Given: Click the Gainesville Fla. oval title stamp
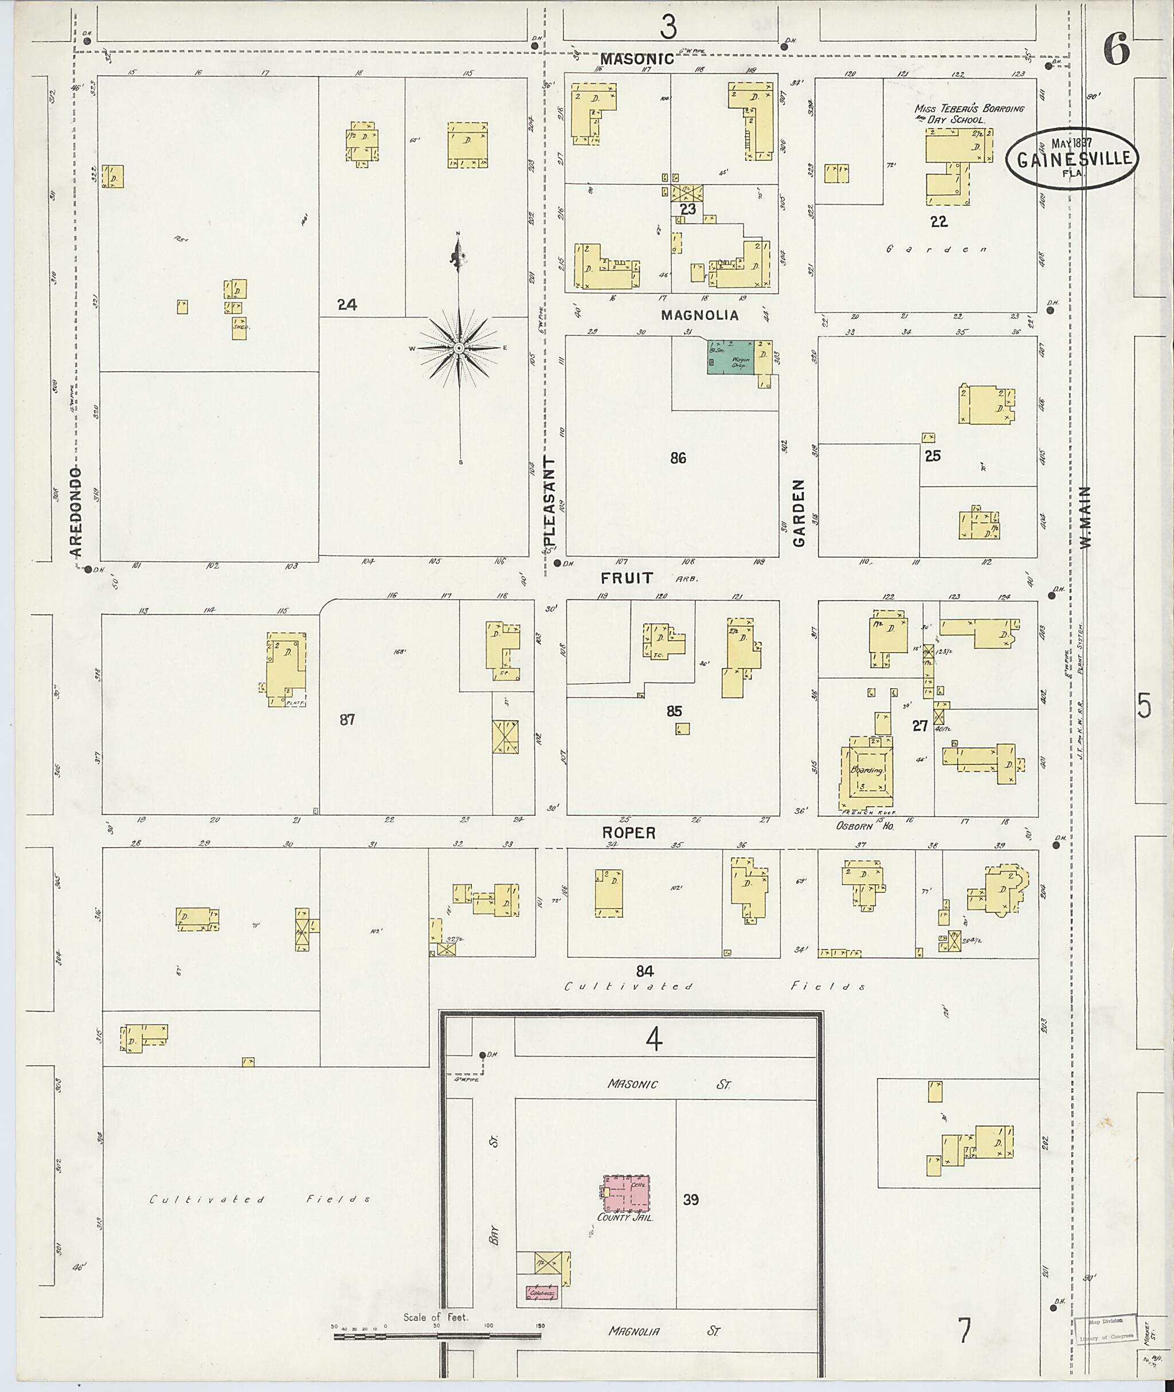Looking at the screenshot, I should click(x=1071, y=157).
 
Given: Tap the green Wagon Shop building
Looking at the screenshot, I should click(x=730, y=356).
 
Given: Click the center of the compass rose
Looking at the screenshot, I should click(x=459, y=348).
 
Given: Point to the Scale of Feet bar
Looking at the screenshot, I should click(x=438, y=1334).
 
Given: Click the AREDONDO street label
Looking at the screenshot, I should click(x=76, y=511).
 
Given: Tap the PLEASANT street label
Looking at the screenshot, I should click(x=549, y=503).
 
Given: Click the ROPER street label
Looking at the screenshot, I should click(x=629, y=833).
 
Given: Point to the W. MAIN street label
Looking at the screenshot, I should click(x=1086, y=517).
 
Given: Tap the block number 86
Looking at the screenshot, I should click(x=678, y=458).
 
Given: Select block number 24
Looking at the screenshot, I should click(x=347, y=305).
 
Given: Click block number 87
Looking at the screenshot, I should click(x=347, y=719).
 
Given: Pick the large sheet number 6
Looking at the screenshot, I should click(x=1116, y=49).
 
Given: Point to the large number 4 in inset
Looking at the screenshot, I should click(x=654, y=1040).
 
